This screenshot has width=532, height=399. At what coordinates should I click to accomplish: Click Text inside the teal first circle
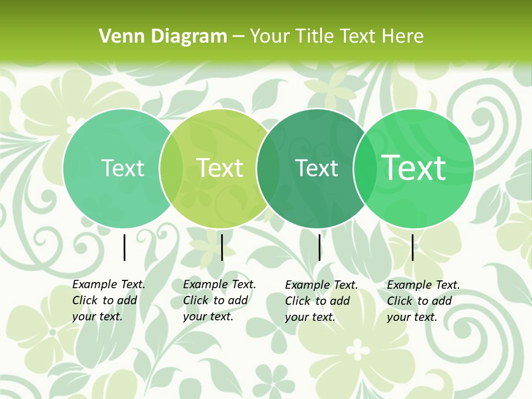tap(122, 168)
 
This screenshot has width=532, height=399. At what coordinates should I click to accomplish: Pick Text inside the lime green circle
tap(220, 168)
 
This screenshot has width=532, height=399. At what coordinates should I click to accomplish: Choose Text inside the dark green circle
tap(317, 168)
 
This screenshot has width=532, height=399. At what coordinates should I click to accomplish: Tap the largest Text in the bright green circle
tap(414, 168)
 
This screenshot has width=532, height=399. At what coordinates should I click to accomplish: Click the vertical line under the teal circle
tap(124, 247)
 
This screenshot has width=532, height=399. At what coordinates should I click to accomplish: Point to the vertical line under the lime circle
tap(222, 247)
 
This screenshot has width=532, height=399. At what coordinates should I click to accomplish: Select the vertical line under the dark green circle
tap(319, 247)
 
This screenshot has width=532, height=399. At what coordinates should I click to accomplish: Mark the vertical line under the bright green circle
tap(412, 247)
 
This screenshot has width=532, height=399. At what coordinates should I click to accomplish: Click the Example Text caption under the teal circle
tap(109, 300)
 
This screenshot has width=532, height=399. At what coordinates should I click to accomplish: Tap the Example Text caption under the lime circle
tap(219, 300)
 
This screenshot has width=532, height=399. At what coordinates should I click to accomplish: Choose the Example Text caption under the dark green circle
tap(321, 301)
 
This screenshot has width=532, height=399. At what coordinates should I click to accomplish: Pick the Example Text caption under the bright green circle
tap(423, 301)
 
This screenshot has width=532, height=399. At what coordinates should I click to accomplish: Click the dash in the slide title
tap(238, 37)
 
